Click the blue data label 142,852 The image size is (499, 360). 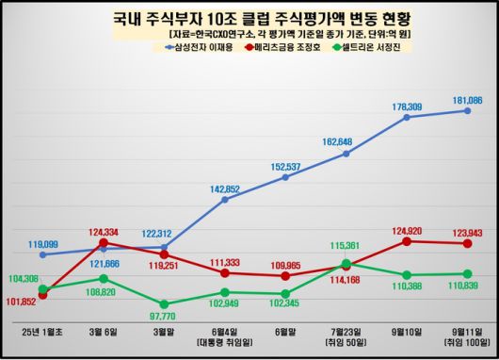(224, 188)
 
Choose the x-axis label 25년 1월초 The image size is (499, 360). (43, 334)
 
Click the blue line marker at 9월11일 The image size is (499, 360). (468, 110)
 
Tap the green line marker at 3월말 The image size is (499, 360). (165, 304)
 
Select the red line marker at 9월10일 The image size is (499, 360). (407, 241)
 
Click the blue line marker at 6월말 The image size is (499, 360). (285, 178)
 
